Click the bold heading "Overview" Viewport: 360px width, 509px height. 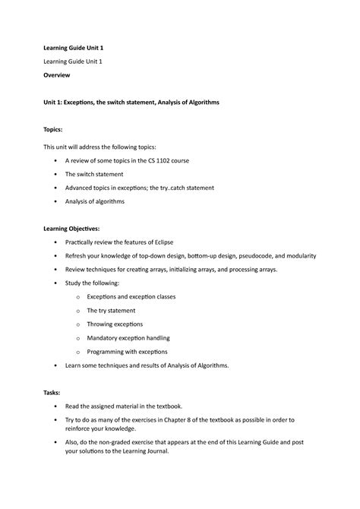57,77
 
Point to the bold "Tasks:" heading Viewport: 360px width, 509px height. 52,391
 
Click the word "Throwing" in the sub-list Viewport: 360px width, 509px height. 103,324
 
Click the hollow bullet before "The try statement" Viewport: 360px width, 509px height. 78,310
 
